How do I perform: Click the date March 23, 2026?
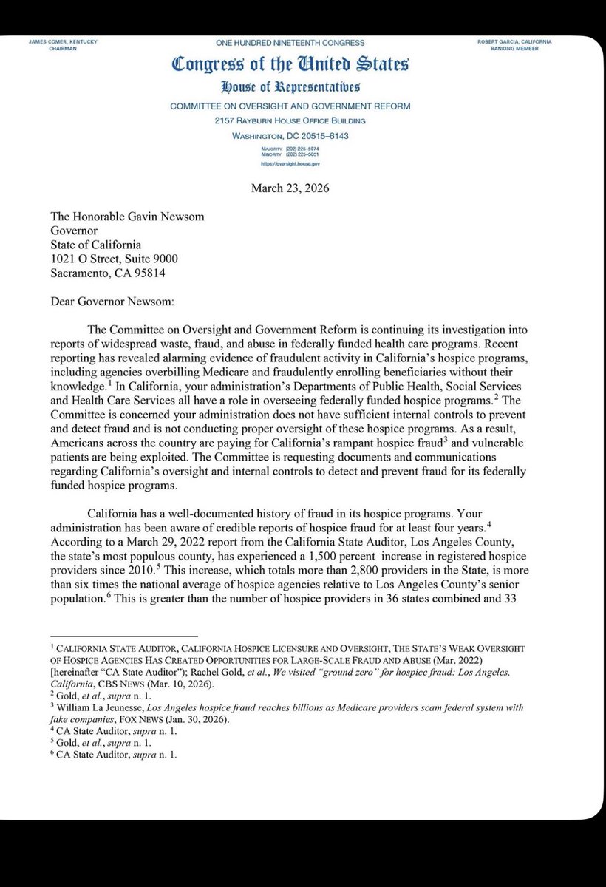pyautogui.click(x=290, y=188)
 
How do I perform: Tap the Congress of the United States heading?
pyautogui.click(x=290, y=65)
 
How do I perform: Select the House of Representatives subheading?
pyautogui.click(x=290, y=87)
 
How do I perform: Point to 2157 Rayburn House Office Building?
pyautogui.click(x=290, y=120)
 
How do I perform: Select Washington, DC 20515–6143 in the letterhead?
pyautogui.click(x=290, y=136)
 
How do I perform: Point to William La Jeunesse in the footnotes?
pyautogui.click(x=92, y=707)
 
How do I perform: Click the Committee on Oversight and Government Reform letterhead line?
pyautogui.click(x=290, y=106)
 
